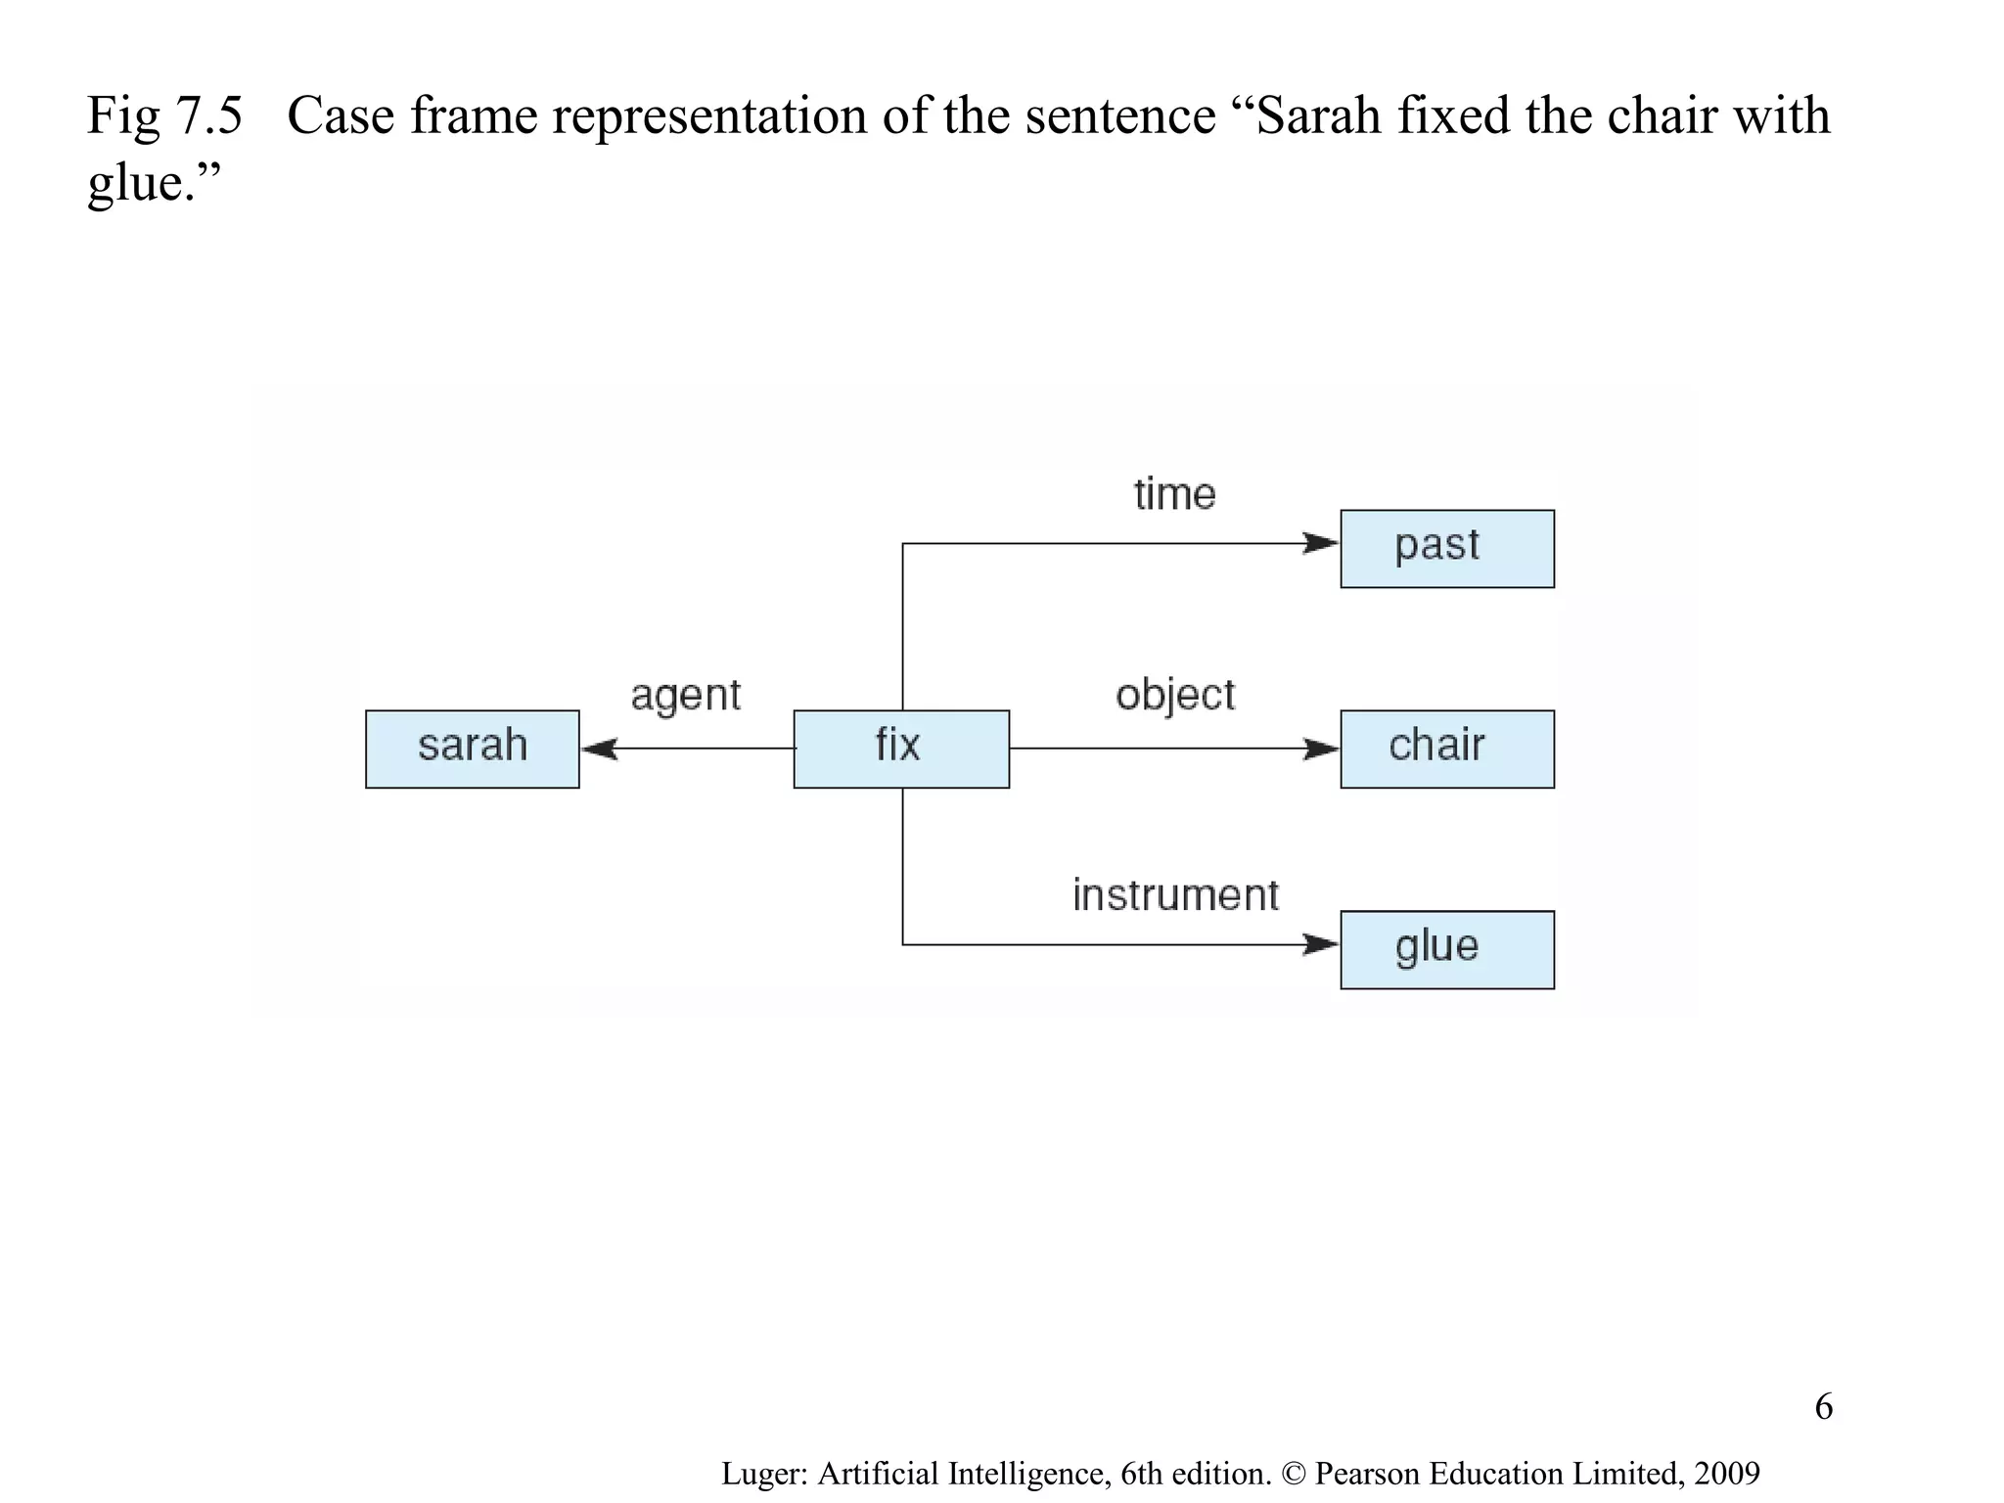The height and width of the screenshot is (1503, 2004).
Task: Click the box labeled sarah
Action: tap(472, 749)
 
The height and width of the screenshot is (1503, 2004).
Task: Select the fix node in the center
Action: tap(900, 749)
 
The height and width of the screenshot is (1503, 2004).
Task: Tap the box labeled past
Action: tap(1446, 548)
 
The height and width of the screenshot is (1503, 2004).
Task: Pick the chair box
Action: tap(1446, 749)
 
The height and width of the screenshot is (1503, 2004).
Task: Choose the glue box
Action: tap(1446, 949)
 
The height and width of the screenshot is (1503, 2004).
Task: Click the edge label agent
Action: tap(685, 696)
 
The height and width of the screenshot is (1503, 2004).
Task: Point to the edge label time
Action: tap(1174, 494)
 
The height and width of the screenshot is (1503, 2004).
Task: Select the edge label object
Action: tap(1174, 695)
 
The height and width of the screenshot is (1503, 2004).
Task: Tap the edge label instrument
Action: tap(1174, 895)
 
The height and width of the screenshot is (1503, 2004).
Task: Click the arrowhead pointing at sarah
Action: tap(599, 749)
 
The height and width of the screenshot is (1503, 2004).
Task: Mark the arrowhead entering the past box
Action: tap(1321, 543)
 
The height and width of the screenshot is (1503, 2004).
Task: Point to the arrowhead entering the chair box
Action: tap(1321, 749)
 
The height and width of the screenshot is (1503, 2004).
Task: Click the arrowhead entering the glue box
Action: tap(1321, 944)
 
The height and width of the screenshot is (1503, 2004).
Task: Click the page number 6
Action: tap(1823, 1407)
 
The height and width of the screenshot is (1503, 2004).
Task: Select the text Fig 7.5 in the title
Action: tap(164, 115)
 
